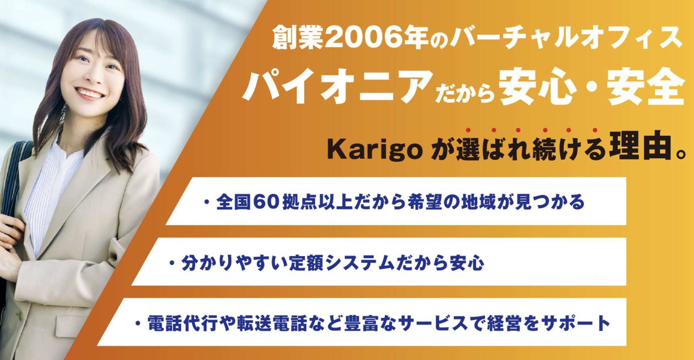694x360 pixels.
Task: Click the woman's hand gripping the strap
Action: tap(10, 236)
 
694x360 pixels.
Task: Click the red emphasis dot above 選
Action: tap(468, 130)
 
